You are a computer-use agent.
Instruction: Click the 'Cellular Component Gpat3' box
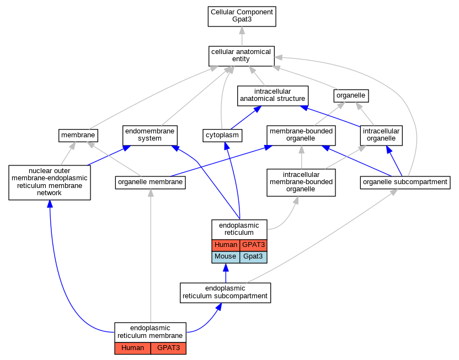tap(242, 17)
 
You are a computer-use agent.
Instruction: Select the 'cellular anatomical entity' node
tap(241, 56)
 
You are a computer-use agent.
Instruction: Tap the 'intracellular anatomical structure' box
tap(273, 95)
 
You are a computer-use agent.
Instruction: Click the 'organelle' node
tap(351, 95)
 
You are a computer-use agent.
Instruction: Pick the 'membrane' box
tap(78, 136)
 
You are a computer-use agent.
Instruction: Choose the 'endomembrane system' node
tap(150, 136)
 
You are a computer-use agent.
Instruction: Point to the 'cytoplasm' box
tap(222, 136)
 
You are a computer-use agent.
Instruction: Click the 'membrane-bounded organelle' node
tap(301, 136)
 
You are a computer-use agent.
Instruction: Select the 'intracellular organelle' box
tap(381, 136)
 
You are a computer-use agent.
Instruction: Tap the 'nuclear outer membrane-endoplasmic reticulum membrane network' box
tap(50, 182)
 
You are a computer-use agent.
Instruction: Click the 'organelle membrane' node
tap(150, 182)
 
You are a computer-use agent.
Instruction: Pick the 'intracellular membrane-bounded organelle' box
tap(301, 182)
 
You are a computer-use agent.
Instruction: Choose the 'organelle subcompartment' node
tap(405, 182)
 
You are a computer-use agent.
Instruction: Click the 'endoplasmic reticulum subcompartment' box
tap(225, 293)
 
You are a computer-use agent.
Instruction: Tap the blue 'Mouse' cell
tap(226, 257)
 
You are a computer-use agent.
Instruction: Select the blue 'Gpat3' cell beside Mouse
tap(253, 257)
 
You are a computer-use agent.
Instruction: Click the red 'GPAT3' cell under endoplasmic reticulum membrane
tap(168, 348)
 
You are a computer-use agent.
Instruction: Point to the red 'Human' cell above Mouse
tap(226, 245)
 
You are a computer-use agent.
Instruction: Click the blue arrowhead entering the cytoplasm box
tap(226, 146)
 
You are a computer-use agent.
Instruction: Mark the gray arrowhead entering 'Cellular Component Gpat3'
tap(242, 30)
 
